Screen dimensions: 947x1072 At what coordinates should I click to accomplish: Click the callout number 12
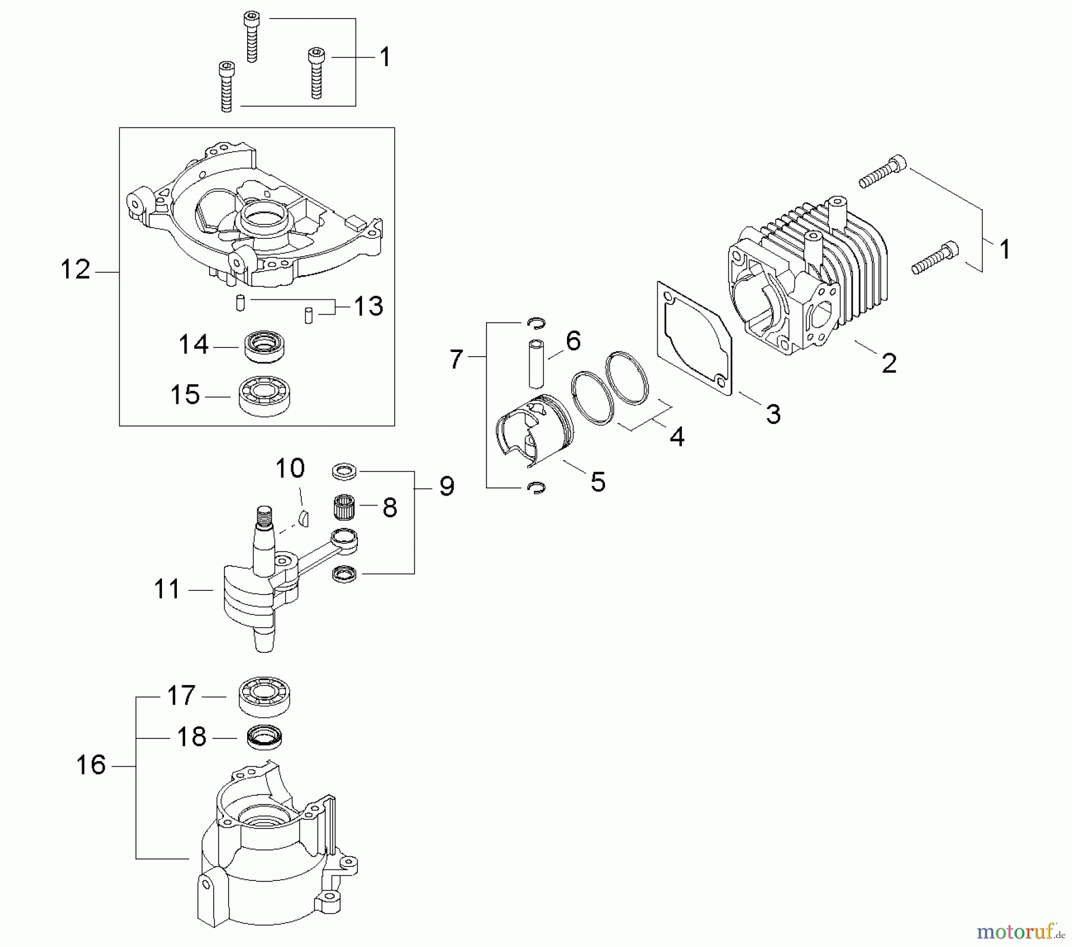[x=76, y=270]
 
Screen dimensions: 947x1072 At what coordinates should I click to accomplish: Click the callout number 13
[x=368, y=307]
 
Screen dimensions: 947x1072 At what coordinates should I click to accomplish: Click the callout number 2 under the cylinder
[x=889, y=363]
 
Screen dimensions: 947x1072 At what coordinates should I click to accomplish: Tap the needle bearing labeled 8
[x=344, y=507]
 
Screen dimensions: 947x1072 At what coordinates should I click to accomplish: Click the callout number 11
[x=167, y=590]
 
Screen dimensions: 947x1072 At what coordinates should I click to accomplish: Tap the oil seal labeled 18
[x=264, y=738]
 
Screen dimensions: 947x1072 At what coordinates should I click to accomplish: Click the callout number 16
[x=91, y=765]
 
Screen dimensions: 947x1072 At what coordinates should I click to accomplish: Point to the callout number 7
[x=456, y=360]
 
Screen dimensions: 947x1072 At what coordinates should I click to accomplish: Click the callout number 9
[x=447, y=487]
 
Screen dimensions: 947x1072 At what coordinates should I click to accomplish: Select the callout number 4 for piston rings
[x=677, y=437]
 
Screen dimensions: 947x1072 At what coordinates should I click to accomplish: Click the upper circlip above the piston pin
[x=536, y=323]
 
